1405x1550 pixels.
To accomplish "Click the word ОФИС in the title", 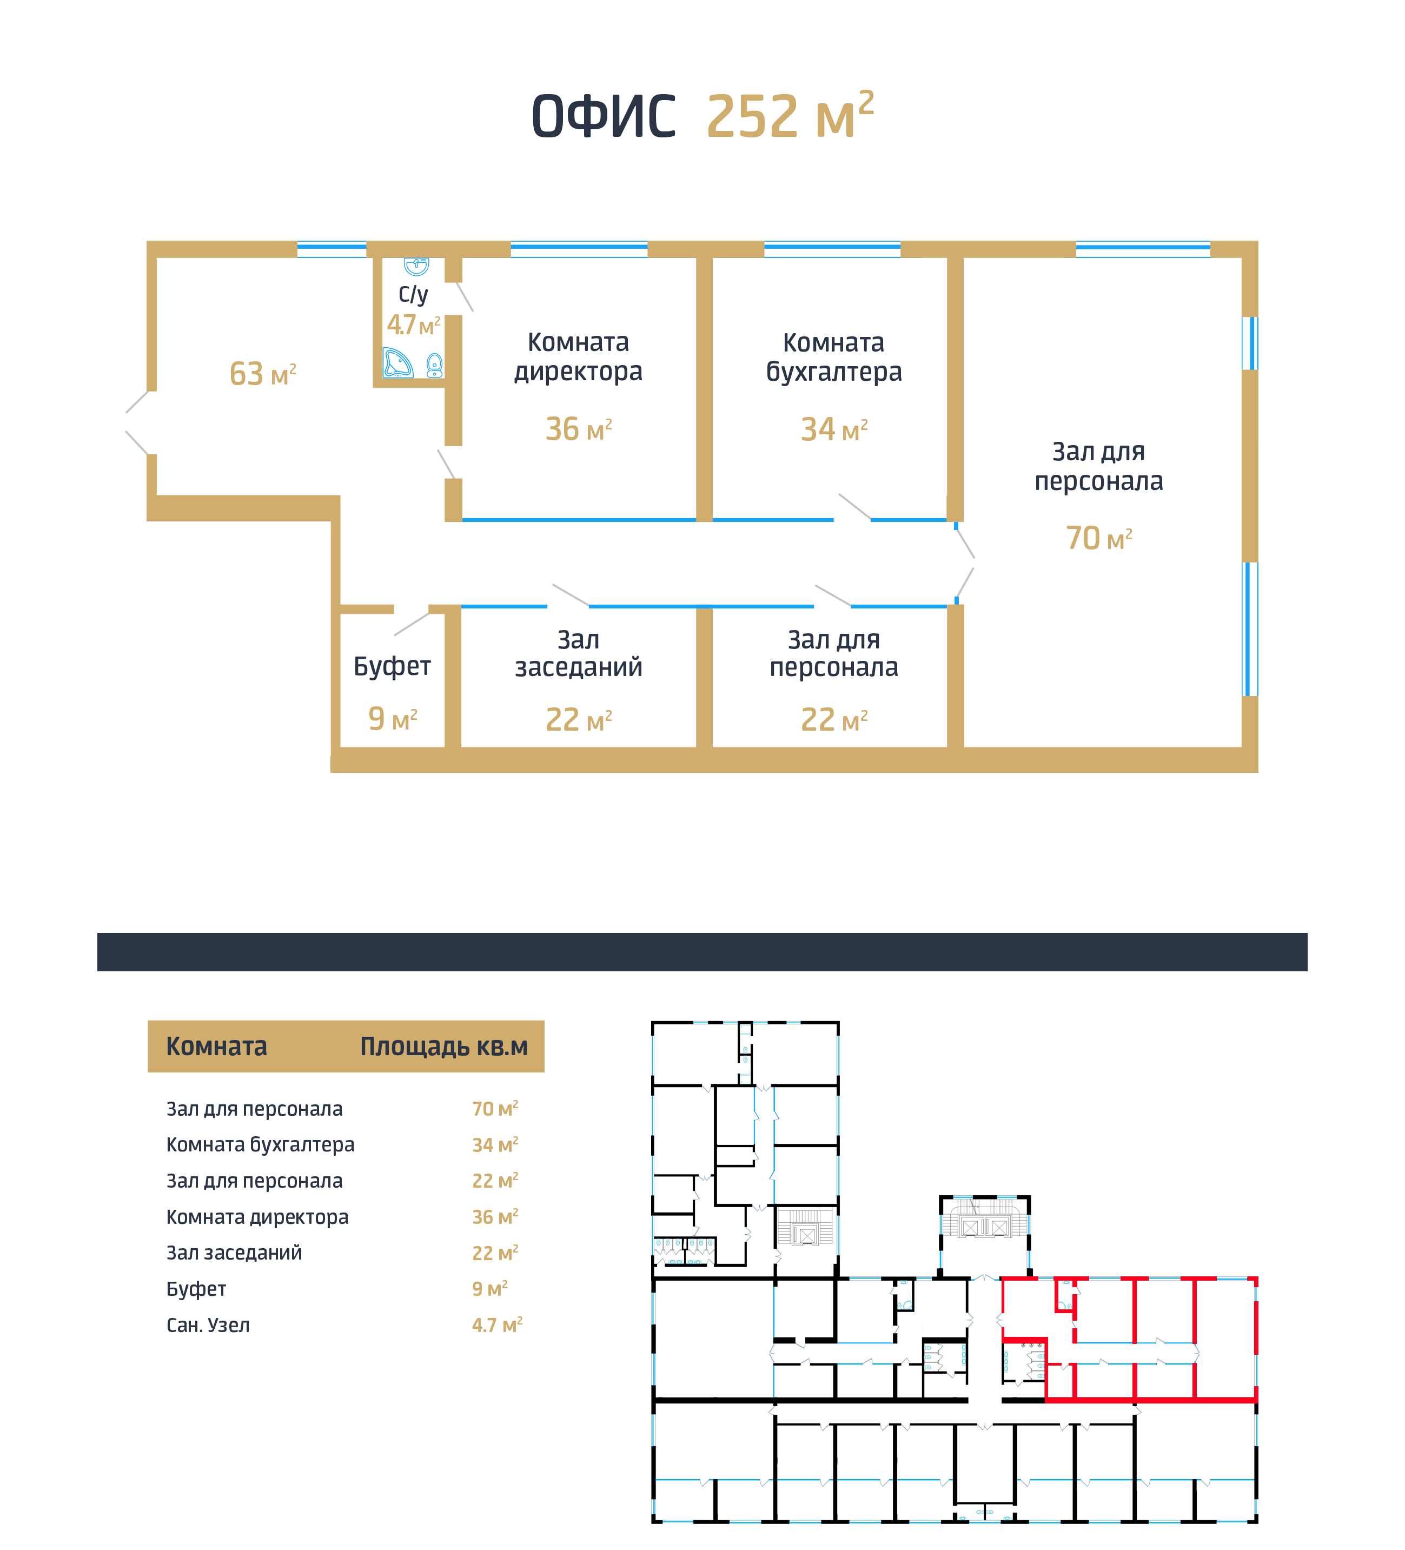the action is [604, 117].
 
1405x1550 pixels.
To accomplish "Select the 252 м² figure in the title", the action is [790, 115].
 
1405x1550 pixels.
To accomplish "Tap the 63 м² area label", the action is [263, 374].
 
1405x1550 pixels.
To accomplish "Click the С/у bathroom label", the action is [413, 294].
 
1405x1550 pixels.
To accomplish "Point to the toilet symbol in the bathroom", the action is [434, 365].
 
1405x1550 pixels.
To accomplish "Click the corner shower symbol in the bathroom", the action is [397, 362].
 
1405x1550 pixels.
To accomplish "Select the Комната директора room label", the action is [578, 357].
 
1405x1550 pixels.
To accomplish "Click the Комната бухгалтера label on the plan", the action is [834, 357].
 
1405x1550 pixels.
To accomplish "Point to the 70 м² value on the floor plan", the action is [1099, 538].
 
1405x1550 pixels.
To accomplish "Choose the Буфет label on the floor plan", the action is [392, 666].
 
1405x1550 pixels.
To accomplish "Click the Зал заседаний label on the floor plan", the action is [578, 653].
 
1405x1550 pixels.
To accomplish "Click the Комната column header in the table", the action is [217, 1046].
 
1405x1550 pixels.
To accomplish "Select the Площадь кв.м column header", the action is [443, 1047].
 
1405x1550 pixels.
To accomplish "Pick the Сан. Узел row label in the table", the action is [208, 1324].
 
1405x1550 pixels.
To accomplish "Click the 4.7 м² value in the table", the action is [497, 1324].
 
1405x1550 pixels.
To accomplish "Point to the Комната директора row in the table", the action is [257, 1217].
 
